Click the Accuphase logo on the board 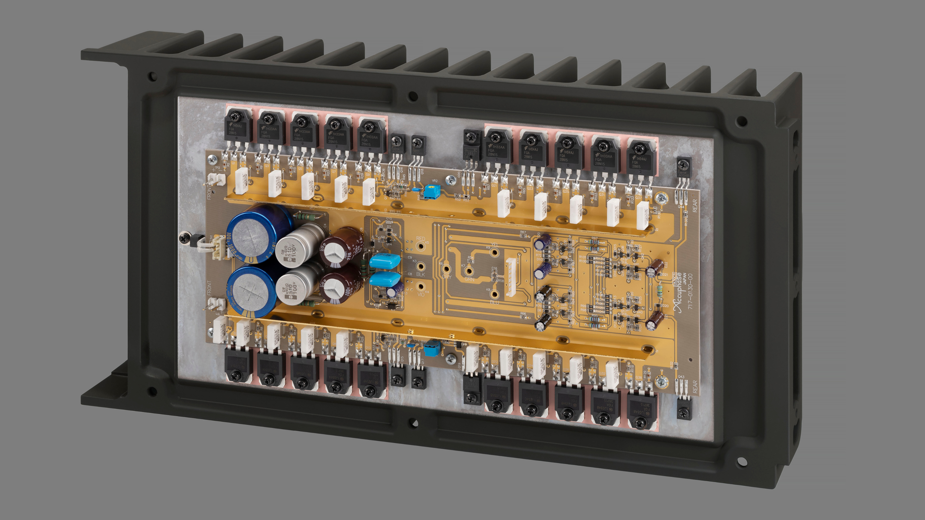click(679, 293)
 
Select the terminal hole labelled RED click(421, 246)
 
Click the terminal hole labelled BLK click(421, 266)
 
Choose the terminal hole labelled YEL click(494, 253)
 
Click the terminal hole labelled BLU click(494, 295)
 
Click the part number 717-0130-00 click(690, 291)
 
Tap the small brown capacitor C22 click(656, 268)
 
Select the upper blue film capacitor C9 click(385, 261)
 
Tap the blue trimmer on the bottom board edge click(433, 349)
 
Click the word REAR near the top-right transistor click(695, 206)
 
